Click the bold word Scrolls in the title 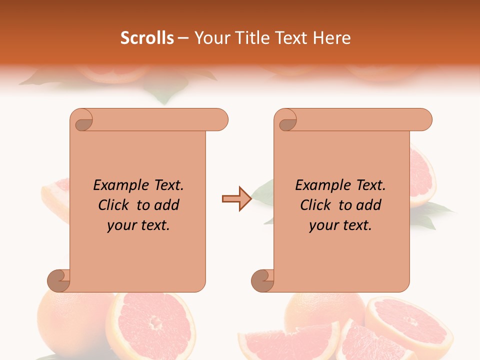click(x=147, y=38)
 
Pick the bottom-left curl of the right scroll click(x=262, y=280)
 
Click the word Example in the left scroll click(x=115, y=185)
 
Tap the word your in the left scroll click(x=120, y=225)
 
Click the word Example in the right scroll click(x=317, y=185)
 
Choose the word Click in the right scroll click(x=315, y=205)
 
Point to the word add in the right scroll click(x=369, y=205)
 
